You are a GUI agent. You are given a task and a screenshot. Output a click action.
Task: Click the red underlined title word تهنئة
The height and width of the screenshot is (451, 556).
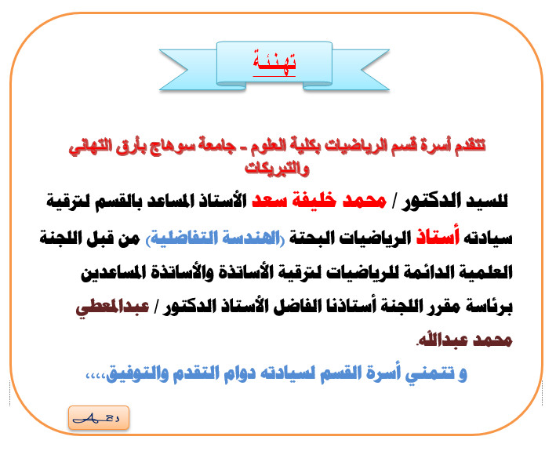tap(274, 63)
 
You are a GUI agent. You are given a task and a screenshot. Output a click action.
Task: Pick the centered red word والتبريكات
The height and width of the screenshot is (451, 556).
tap(277, 168)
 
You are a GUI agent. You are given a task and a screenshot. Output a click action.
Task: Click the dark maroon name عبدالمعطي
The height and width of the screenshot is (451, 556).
tap(112, 307)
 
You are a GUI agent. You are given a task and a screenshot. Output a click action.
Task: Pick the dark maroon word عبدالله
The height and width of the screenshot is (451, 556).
tap(440, 340)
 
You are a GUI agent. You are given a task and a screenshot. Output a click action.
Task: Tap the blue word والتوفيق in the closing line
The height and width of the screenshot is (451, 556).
tap(129, 374)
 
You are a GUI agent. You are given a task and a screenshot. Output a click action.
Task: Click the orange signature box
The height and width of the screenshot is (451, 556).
tap(99, 418)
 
